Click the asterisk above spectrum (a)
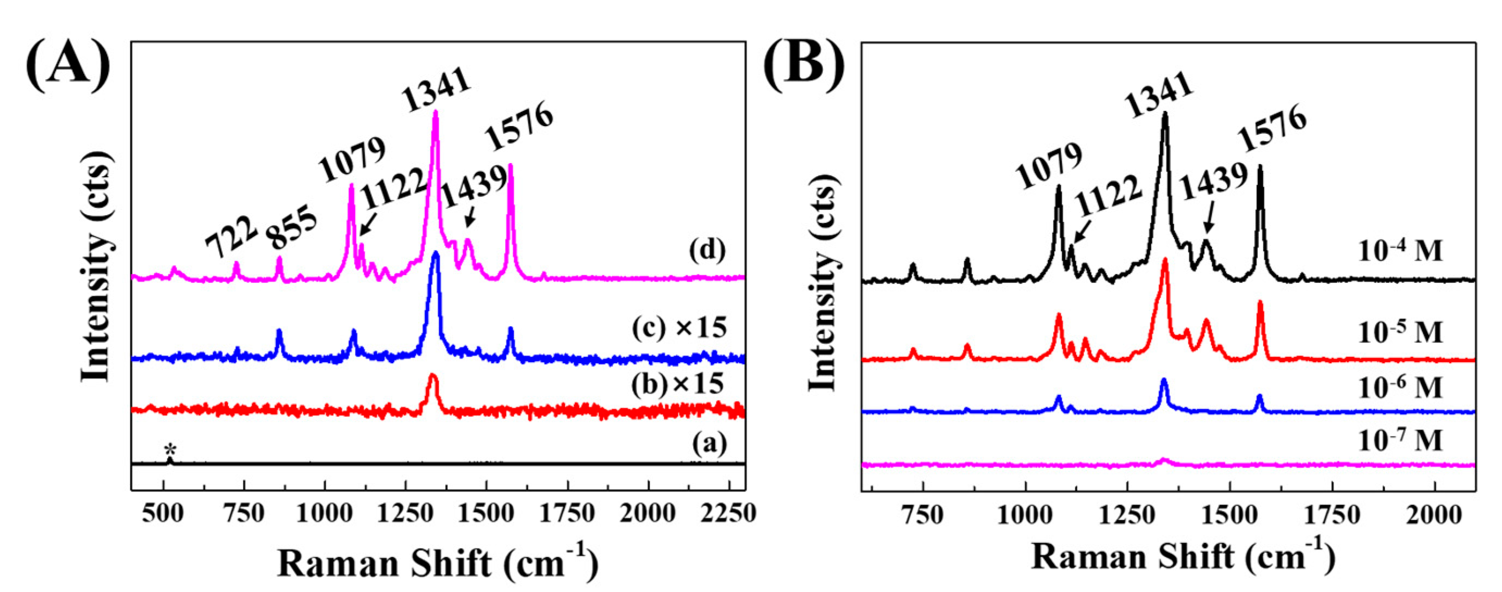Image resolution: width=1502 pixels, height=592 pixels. tap(170, 449)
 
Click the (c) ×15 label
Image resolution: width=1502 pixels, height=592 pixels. tap(680, 328)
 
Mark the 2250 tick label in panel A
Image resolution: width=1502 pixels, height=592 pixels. tap(729, 513)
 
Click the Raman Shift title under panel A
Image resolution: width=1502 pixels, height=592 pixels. tap(437, 563)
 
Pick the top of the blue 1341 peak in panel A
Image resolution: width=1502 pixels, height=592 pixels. tap(435, 254)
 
